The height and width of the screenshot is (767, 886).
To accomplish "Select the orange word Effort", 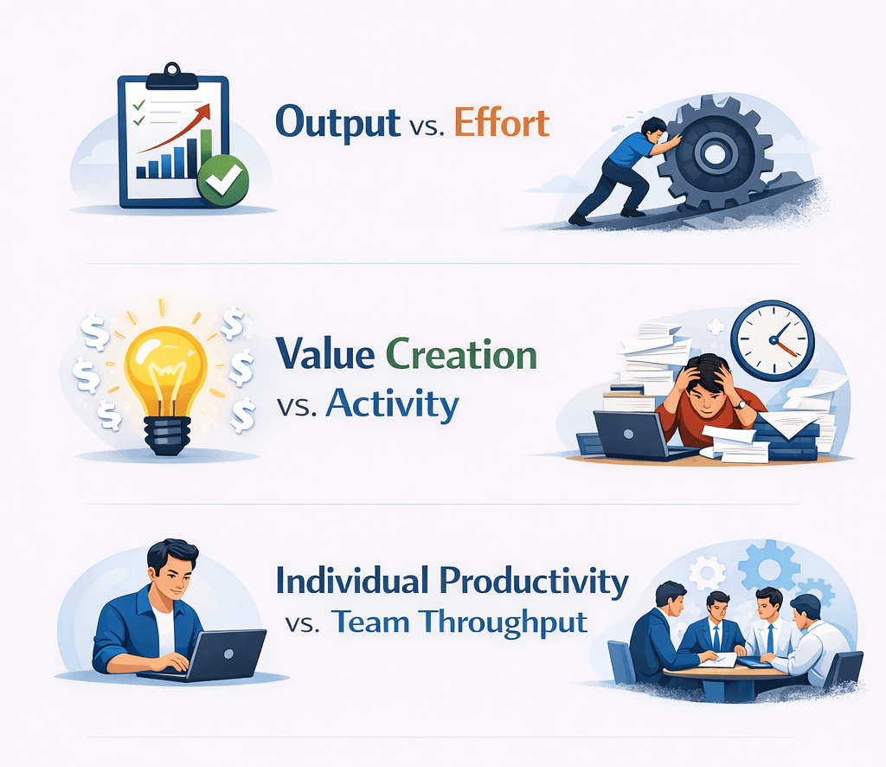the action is click(502, 122).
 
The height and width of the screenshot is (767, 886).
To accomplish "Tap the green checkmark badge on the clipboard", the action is click(222, 180).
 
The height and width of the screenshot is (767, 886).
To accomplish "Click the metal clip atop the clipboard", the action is click(172, 77).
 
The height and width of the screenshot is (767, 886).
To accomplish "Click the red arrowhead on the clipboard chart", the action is click(203, 112).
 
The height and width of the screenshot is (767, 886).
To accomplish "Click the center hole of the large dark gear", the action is click(715, 152).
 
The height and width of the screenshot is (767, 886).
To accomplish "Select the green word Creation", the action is click(461, 355).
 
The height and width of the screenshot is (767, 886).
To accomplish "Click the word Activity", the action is click(392, 403).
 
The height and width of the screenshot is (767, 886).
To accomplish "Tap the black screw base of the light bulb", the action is click(167, 435).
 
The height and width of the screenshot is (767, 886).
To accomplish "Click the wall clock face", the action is click(773, 340).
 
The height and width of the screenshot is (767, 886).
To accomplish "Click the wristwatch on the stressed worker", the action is click(741, 404).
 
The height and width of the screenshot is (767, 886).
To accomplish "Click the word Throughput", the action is click(504, 622).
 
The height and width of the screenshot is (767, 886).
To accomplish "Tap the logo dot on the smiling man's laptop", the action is click(228, 654).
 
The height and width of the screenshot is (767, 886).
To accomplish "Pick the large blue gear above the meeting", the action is click(769, 565).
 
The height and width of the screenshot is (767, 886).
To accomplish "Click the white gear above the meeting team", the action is click(708, 572).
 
